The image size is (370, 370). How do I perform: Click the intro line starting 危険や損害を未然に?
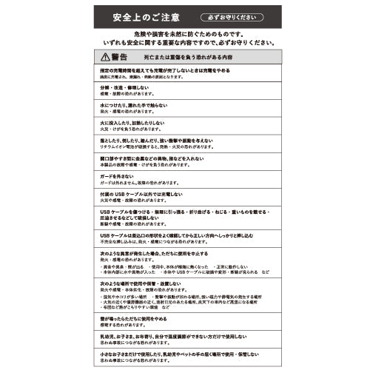coord(186,34)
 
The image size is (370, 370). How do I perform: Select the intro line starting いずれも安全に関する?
coord(186,43)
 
